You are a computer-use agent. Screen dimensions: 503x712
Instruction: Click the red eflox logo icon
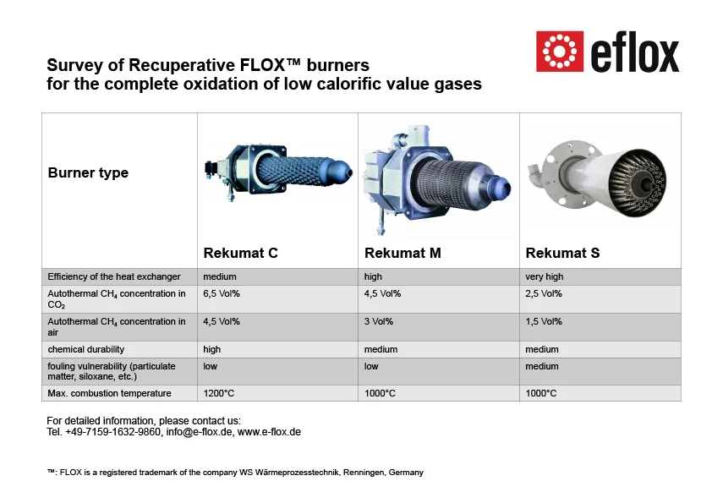[x=558, y=52]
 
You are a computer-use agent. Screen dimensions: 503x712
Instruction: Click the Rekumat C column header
[x=240, y=253]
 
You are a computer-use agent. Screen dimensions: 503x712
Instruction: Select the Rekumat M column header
[x=403, y=253]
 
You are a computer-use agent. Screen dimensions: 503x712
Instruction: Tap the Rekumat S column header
[x=562, y=253]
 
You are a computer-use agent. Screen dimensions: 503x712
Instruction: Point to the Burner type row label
[x=88, y=173]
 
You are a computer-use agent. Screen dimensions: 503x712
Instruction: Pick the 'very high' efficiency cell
[x=544, y=276]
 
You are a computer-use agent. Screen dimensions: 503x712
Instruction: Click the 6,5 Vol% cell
[x=222, y=294]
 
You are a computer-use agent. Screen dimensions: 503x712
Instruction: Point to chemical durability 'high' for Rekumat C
[x=212, y=349]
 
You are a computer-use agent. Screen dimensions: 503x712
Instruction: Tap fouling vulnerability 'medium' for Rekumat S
[x=542, y=367]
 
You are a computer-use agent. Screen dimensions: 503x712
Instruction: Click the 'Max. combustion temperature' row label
[x=109, y=393]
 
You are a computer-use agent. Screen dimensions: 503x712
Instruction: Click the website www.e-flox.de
[x=269, y=432]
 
